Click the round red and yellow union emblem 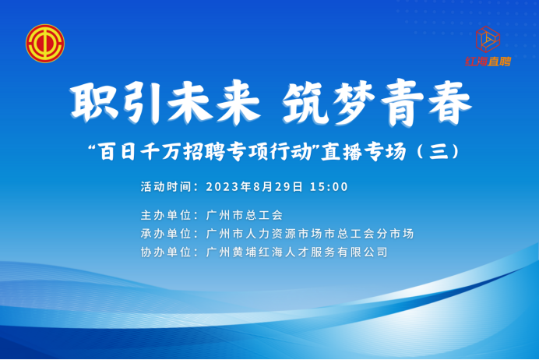click(x=45, y=44)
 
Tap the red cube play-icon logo click(x=488, y=39)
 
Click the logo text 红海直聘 click(x=488, y=62)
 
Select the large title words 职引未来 click(x=165, y=102)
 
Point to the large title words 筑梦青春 click(x=377, y=102)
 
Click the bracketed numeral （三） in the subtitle click(x=438, y=151)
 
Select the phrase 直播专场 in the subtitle click(x=363, y=152)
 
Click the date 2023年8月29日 click(x=255, y=187)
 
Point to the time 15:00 click(x=329, y=187)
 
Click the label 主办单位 click(x=166, y=215)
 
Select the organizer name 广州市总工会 click(x=244, y=215)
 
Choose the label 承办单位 click(x=166, y=234)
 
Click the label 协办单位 click(x=166, y=252)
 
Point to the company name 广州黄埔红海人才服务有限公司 click(x=297, y=252)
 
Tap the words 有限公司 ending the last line click(x=362, y=252)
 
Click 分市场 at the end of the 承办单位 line click(x=395, y=234)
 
